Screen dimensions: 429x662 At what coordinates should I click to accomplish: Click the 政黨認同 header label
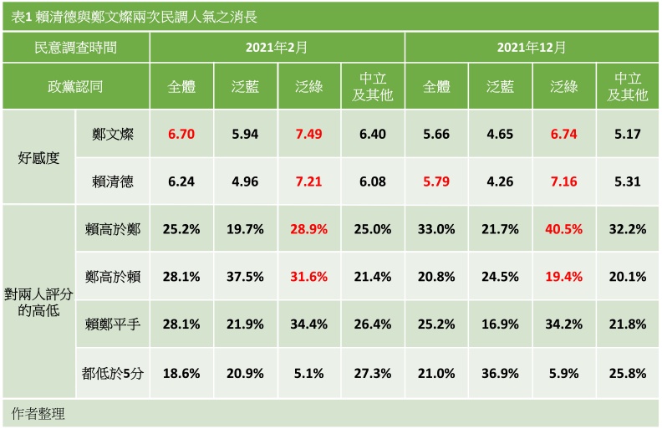[75, 87]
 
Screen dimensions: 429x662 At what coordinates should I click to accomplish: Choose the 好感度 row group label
[38, 156]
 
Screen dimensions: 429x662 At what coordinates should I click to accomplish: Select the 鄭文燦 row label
[114, 134]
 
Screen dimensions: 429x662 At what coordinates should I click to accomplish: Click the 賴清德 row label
[114, 181]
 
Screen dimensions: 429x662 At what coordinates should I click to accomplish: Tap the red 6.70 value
[181, 134]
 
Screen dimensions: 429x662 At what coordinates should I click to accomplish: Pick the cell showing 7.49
[309, 134]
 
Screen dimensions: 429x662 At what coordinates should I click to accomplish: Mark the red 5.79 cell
[436, 181]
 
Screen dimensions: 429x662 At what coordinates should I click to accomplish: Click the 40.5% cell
[563, 228]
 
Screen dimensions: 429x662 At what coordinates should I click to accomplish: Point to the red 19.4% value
[563, 276]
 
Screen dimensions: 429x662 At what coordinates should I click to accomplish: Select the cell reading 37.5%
[245, 276]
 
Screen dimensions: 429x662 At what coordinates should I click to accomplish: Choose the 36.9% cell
[500, 374]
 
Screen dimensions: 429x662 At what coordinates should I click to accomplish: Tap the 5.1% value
[309, 374]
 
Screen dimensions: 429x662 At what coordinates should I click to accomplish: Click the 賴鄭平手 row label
[114, 324]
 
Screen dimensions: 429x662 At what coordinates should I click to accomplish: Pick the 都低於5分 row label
[114, 374]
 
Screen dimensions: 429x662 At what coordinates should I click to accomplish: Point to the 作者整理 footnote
[38, 414]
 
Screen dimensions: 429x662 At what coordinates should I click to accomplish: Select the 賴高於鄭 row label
[114, 228]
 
